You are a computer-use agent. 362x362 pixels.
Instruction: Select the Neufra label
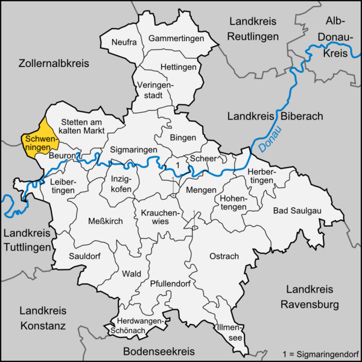(x=124, y=42)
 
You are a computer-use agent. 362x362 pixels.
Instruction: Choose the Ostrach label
(x=224, y=256)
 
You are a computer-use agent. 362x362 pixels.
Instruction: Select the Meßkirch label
(x=106, y=221)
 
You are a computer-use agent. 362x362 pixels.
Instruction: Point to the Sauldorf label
(x=86, y=255)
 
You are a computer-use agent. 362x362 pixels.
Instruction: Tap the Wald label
(x=132, y=273)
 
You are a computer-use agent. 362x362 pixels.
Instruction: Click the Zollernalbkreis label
(x=54, y=63)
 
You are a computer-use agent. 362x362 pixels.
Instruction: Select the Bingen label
(x=183, y=138)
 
